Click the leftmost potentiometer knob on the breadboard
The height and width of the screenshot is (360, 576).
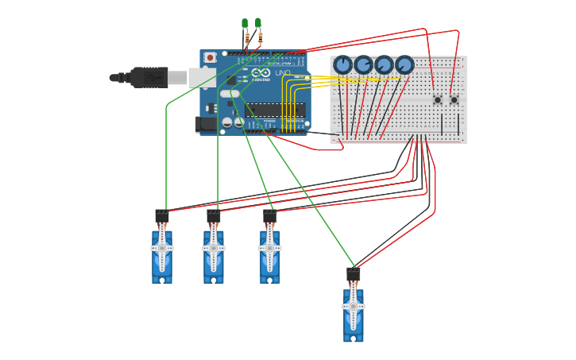coord(342,64)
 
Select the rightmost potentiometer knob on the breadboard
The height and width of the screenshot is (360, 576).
coord(404,64)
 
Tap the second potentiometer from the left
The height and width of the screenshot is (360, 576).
coord(363,64)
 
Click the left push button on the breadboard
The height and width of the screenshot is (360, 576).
coord(437,100)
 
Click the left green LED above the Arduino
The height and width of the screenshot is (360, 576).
coord(245,24)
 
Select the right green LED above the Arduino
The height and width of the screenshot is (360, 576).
coord(258,23)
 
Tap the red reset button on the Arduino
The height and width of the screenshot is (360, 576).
coord(210,57)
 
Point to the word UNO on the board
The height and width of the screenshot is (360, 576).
coord(283,73)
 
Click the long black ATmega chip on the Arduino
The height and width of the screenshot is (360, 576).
coord(275,110)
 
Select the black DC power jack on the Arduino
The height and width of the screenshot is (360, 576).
coord(206,124)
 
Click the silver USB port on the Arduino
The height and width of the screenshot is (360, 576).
coord(202,77)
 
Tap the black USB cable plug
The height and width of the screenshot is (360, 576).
coord(147,77)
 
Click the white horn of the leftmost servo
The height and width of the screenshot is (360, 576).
coord(162,248)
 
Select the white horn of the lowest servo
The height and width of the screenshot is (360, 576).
coord(354,306)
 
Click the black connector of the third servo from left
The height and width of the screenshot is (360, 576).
coord(270,216)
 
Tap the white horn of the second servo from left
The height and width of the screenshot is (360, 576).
coord(214,248)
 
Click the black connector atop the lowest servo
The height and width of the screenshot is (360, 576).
coord(354,274)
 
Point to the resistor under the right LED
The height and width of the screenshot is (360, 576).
coord(260,37)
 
